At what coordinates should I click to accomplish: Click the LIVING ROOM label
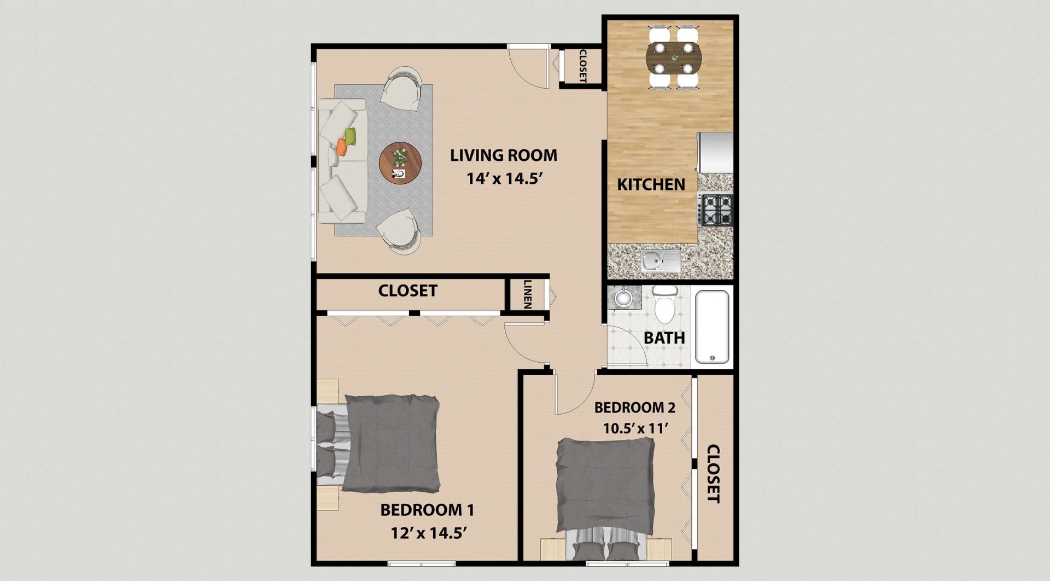pos(504,155)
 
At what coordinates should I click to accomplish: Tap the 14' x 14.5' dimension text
pos(504,178)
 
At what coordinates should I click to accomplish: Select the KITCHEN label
pos(651,185)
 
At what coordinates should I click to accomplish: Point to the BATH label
pos(664,338)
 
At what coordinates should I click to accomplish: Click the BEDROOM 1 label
pos(427,510)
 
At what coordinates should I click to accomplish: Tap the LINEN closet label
pos(528,294)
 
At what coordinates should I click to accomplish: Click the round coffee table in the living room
pos(400,163)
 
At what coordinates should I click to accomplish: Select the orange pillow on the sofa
pos(341,147)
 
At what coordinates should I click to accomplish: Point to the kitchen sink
pos(661,260)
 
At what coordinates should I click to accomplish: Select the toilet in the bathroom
pos(665,305)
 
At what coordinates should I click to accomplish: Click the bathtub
pos(711,327)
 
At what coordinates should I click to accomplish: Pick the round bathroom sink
pos(623,298)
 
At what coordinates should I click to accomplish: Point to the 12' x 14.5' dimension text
pos(428,533)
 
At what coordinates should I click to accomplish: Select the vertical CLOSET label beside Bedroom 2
pos(713,473)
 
